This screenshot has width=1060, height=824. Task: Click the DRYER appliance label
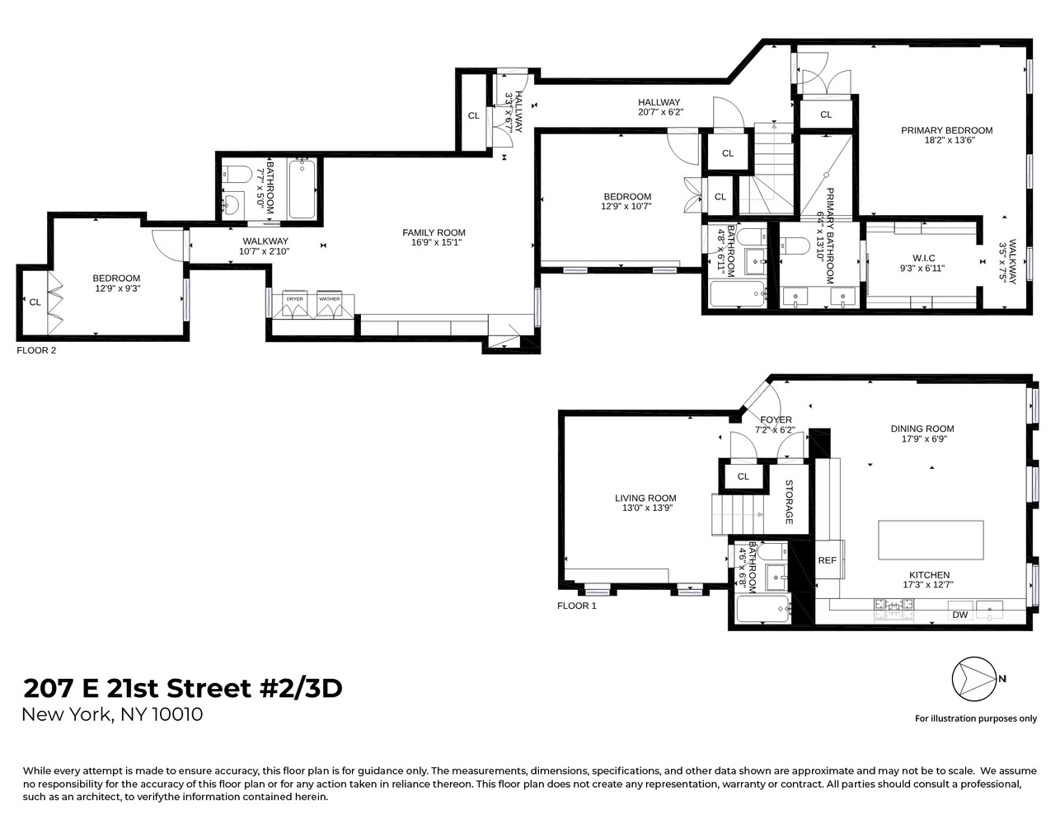click(x=294, y=299)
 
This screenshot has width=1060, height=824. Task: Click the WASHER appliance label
click(x=330, y=299)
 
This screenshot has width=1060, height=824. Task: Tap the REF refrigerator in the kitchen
click(x=827, y=560)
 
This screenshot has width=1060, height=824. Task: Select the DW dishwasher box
click(x=959, y=615)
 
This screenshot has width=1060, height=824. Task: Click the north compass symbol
click(x=973, y=679)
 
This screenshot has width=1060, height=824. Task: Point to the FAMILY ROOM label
click(x=434, y=233)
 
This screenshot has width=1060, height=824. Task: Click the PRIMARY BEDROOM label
click(x=946, y=130)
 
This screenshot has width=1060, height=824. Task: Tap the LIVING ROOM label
click(x=645, y=498)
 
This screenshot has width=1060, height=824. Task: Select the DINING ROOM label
click(x=922, y=428)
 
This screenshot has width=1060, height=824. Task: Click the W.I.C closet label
click(x=922, y=258)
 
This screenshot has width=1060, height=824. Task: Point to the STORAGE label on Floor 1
click(x=789, y=502)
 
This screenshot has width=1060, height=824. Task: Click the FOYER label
click(x=776, y=419)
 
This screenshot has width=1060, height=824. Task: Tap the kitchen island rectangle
click(x=931, y=540)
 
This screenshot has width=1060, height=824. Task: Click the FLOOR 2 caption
click(x=36, y=350)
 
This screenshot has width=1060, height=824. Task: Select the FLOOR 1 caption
click(x=576, y=606)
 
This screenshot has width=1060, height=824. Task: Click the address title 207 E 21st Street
click(x=182, y=688)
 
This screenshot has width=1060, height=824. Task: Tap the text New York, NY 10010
click(x=112, y=714)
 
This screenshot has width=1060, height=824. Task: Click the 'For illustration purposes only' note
click(x=976, y=719)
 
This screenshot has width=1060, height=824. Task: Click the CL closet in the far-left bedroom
click(x=35, y=302)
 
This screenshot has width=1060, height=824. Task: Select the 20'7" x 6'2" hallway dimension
click(x=660, y=111)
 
